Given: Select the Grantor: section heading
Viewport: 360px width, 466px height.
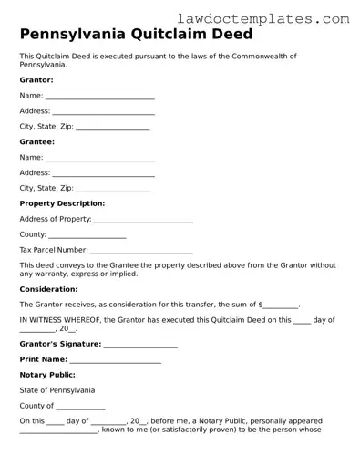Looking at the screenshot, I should pos(36,80).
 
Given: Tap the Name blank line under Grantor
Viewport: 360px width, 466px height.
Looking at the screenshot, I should pos(99,96).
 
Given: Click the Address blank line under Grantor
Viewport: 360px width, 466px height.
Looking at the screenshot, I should pos(103,111).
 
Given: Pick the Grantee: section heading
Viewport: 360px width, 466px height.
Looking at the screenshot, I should pos(37,141).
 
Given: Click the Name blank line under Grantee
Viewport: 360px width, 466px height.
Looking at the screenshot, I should pos(99,158).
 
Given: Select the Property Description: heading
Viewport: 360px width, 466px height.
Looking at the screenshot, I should pos(62,203).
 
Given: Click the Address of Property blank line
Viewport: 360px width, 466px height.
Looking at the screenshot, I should pos(143,220).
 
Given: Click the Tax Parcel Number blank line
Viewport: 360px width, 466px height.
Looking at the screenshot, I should pos(141,250).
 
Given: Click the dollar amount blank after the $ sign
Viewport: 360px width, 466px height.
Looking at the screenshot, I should pos(281,305).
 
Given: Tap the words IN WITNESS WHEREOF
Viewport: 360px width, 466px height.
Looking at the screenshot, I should pos(59,320).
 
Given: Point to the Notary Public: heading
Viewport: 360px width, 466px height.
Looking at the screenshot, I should pos(47,375).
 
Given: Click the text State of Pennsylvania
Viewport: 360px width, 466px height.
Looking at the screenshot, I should pos(57,390).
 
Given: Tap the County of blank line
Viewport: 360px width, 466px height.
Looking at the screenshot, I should pos(80,407).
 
